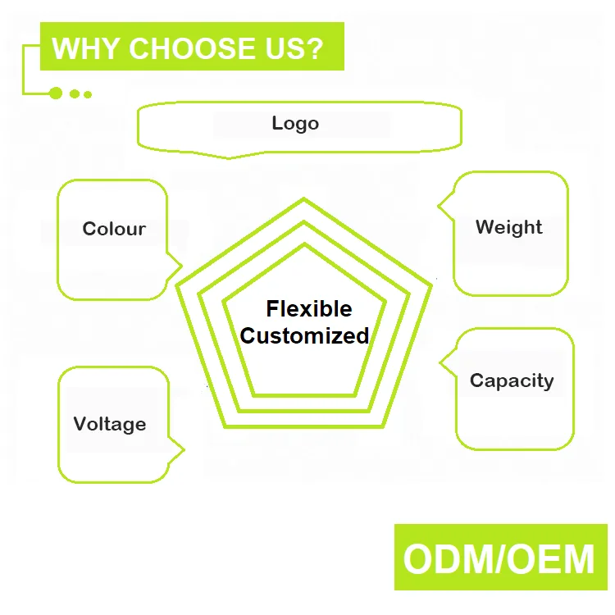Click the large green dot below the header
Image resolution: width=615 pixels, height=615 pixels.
[56, 93]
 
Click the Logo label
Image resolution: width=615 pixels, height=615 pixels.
[295, 124]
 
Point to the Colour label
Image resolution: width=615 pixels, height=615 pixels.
[114, 229]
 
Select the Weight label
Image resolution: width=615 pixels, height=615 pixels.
[508, 227]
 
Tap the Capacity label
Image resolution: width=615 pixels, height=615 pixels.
[512, 380]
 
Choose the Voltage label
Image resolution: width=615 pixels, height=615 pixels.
[110, 424]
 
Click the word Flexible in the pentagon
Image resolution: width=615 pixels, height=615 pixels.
[309, 309]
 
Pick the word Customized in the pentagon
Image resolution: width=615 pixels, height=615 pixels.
[304, 335]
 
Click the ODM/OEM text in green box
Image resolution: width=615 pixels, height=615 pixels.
[499, 558]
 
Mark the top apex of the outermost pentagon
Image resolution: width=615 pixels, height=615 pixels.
[304, 199]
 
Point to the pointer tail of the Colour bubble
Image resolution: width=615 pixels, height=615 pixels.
[180, 266]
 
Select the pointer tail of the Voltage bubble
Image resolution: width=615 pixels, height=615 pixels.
[182, 449]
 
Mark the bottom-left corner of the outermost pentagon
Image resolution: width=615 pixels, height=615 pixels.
[224, 426]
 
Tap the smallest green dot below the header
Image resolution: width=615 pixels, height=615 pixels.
[88, 94]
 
